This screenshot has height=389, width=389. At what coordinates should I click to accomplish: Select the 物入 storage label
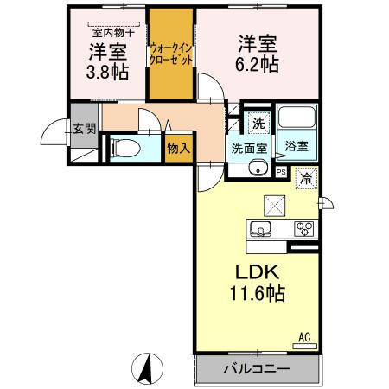178,149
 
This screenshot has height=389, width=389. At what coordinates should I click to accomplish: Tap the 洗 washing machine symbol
257,122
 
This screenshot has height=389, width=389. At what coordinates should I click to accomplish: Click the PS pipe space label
281,171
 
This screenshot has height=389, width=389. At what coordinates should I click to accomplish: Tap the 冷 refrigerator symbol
305,179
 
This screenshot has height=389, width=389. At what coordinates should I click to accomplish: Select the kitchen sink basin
261,229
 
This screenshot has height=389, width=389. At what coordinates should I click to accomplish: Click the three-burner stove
304,229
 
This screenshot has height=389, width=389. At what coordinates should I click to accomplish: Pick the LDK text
252,272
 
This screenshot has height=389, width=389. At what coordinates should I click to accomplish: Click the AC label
304,336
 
